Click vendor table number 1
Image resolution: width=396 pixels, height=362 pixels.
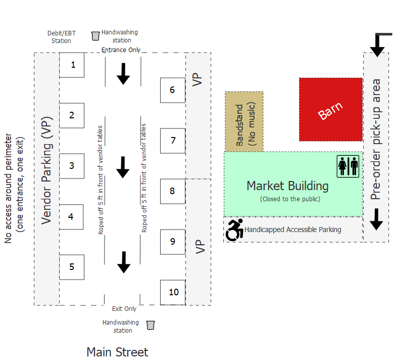[x=72, y=65]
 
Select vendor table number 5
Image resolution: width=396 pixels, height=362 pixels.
[x=72, y=267]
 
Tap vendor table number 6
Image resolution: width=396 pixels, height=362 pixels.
[x=173, y=90]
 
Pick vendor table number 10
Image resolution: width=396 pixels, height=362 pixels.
[x=173, y=292]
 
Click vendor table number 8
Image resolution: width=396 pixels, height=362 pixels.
[x=173, y=191]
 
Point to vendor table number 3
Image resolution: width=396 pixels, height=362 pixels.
[x=72, y=166]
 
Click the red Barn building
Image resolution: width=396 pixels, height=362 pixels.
[x=331, y=110]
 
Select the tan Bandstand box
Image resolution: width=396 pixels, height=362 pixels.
[x=244, y=121]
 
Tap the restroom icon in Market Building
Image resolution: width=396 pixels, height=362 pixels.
[x=348, y=166]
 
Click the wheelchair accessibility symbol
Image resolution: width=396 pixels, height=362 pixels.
[x=234, y=230]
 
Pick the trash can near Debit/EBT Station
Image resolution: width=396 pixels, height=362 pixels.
[x=95, y=36]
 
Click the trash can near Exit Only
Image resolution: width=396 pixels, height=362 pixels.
[x=150, y=325]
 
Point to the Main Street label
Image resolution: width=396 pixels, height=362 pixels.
[x=117, y=352]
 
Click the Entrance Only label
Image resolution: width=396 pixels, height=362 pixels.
[x=121, y=50]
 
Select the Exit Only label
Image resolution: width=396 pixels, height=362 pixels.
[x=124, y=309]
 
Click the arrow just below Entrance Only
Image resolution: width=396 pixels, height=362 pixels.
[x=123, y=74]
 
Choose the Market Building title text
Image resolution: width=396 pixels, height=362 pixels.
[x=287, y=186]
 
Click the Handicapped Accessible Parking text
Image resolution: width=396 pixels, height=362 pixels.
[x=293, y=230]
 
